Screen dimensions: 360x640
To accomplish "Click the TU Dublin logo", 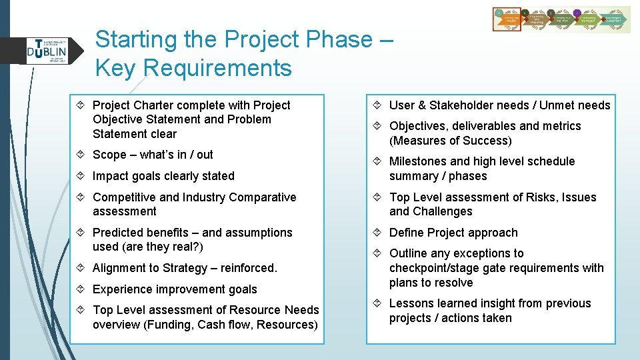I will [x=47, y=51].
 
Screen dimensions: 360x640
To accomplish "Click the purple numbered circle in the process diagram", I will [x=577, y=13].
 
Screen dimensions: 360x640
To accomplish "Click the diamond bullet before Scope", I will [x=83, y=155].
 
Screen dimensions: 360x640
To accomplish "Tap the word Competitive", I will [x=124, y=197].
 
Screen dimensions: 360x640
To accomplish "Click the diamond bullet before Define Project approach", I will [x=379, y=233].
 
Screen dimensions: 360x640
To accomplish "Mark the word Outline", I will [x=409, y=253].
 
